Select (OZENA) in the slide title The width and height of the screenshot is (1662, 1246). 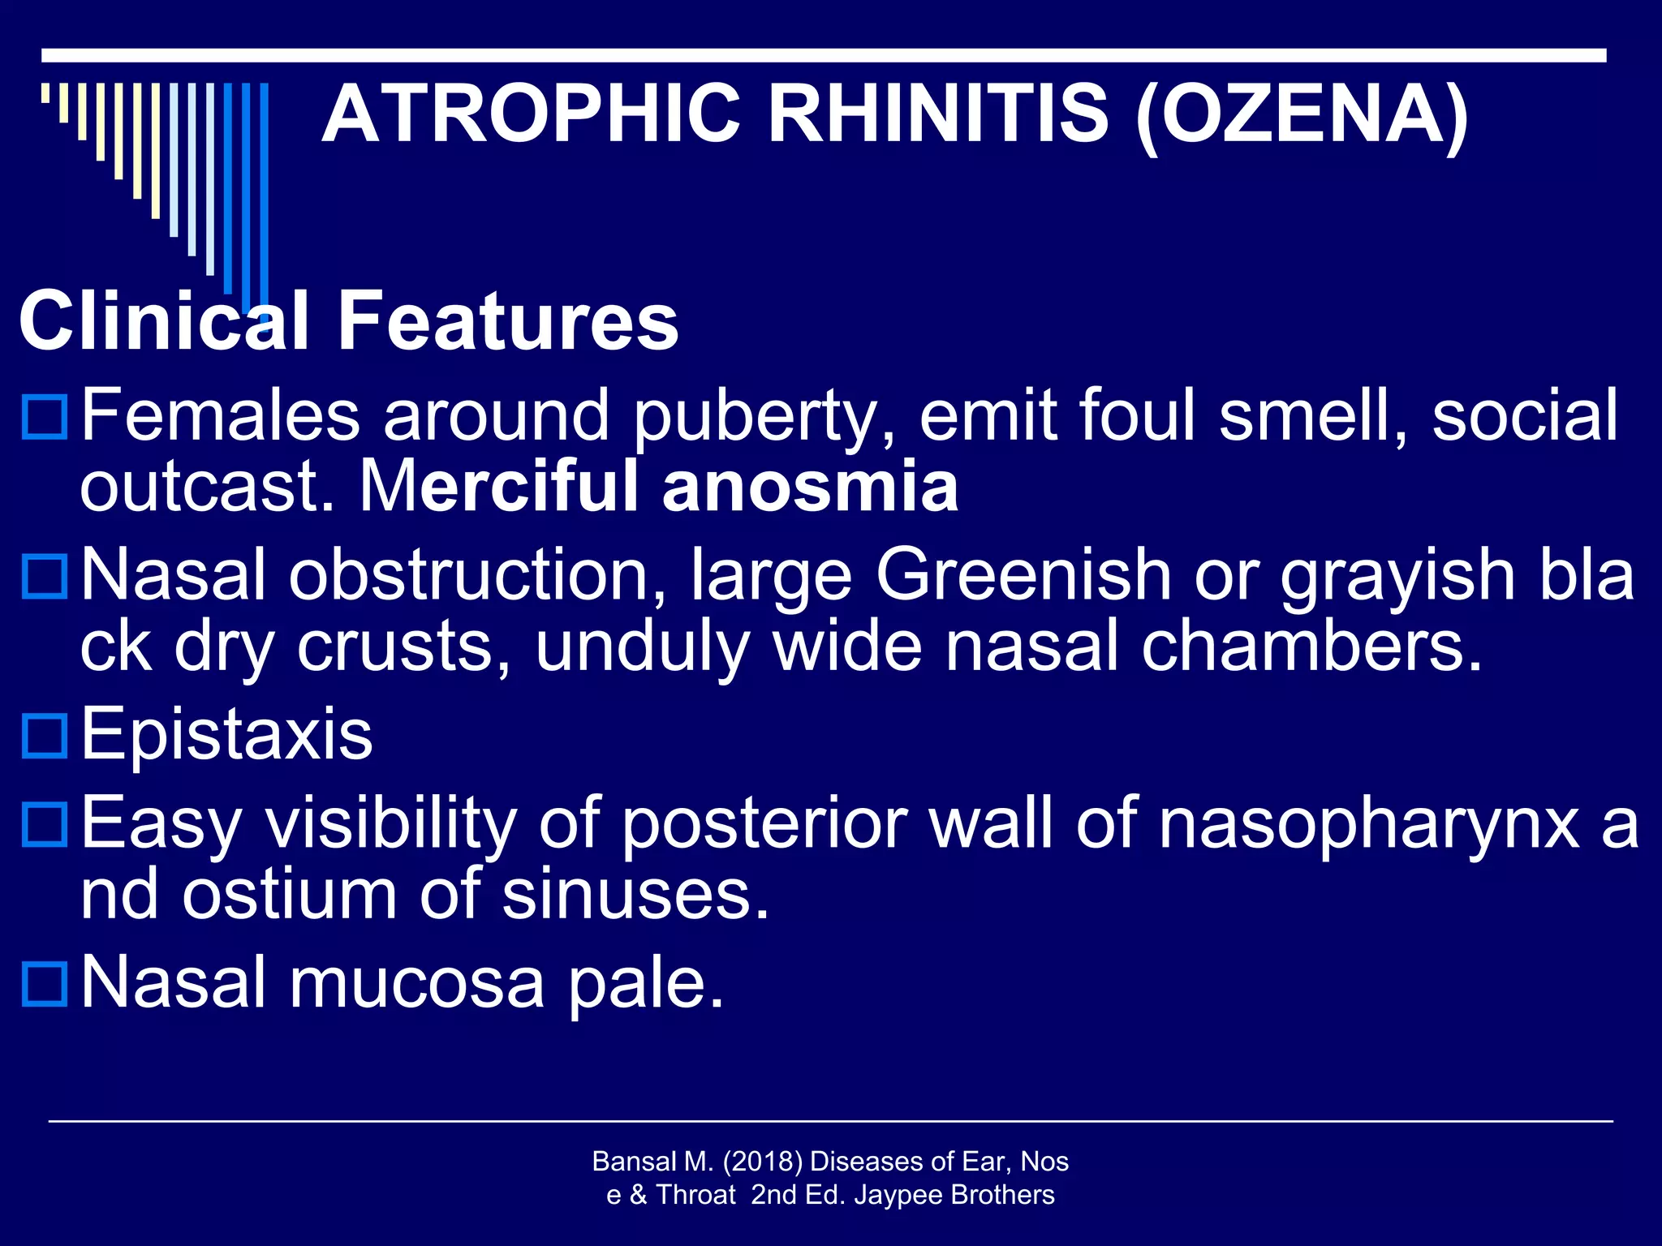[x=1302, y=114]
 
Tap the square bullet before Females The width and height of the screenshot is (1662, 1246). [x=45, y=416]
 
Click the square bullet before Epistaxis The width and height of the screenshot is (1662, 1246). [x=45, y=735]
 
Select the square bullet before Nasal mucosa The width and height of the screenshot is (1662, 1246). [x=45, y=983]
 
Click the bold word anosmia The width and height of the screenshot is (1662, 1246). [x=810, y=486]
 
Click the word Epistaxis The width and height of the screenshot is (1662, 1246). [x=227, y=734]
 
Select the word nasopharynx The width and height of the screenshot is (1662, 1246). [x=1368, y=824]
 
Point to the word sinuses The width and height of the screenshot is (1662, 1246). [x=635, y=895]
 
